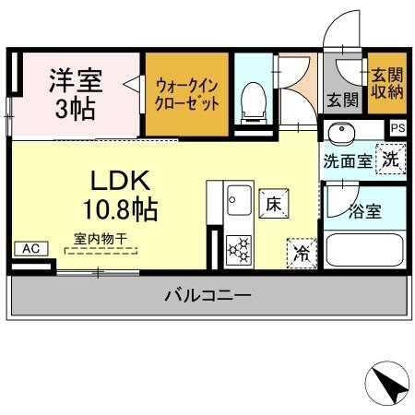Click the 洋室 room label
(75, 77)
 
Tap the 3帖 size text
(75, 109)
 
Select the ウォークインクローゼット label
(185, 93)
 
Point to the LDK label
(115, 178)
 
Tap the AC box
(30, 248)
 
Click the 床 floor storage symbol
(274, 202)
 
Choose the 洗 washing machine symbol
(392, 158)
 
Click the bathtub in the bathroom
(367, 251)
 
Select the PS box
(397, 128)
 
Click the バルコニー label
(208, 296)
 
